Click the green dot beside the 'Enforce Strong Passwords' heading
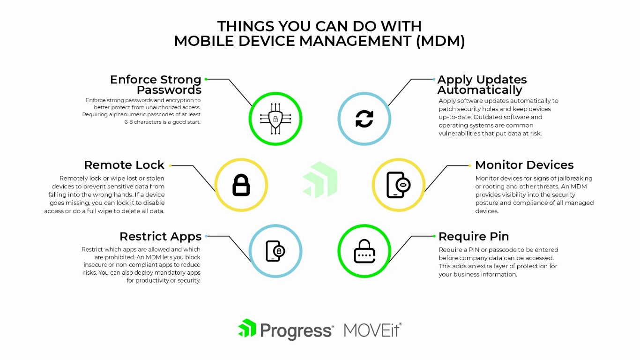206,79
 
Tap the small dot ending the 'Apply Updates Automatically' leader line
434,79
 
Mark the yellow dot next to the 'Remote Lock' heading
170,165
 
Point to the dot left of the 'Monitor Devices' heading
470,165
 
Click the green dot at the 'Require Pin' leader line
434,236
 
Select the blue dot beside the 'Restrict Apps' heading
206,236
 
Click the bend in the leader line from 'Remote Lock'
193,165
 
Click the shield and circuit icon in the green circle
275,119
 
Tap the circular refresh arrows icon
365,119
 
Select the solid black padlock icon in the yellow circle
241,185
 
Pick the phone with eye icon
398,185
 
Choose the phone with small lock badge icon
275,251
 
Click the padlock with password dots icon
365,251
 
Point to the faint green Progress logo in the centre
320,180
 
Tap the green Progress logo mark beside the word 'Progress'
247,328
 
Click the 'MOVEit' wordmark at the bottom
373,330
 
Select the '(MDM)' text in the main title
440,41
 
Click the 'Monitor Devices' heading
524,165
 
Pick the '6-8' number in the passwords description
128,122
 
